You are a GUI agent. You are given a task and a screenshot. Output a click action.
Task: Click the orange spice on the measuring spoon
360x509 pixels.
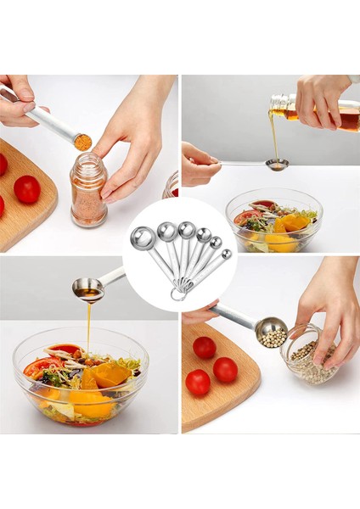82,142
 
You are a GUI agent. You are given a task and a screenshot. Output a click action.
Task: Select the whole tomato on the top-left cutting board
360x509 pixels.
26,188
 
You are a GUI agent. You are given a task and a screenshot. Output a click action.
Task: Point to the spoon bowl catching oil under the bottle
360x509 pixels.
277,164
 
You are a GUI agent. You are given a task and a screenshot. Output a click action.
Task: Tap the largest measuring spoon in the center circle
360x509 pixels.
143,238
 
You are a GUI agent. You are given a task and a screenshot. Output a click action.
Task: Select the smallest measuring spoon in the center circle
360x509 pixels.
226,254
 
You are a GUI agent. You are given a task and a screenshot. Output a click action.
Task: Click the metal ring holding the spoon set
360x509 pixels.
177,294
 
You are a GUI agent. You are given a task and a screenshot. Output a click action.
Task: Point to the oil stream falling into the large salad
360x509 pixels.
87,327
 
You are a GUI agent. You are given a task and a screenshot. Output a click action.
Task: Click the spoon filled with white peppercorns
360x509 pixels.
271,331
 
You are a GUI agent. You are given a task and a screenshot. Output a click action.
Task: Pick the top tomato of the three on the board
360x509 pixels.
204,347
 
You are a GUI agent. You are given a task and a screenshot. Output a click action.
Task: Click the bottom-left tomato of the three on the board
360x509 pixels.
198,382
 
